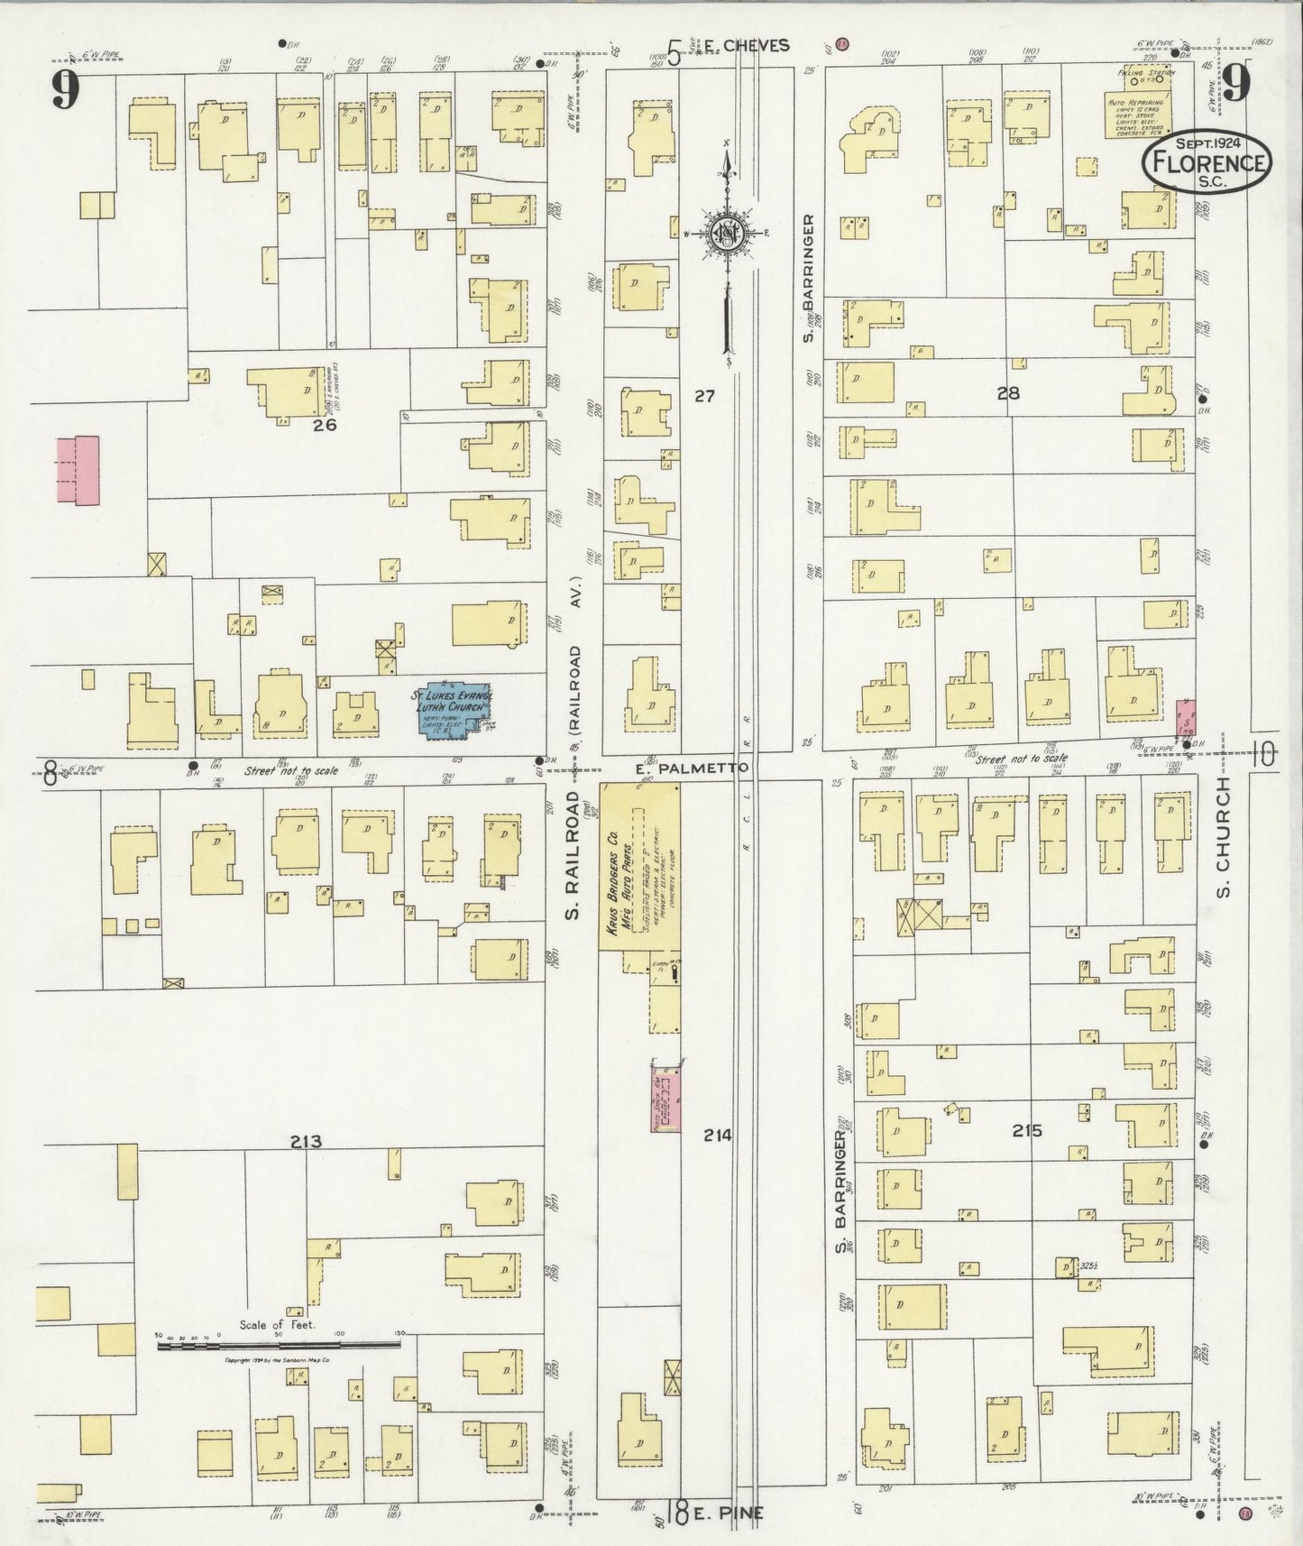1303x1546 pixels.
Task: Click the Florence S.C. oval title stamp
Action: [x=1207, y=163]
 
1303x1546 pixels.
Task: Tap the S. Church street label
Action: [x=1223, y=839]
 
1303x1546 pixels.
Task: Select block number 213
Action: [x=307, y=1142]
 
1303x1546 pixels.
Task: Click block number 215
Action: [x=1026, y=1129]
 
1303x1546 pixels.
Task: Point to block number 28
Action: [x=1007, y=392]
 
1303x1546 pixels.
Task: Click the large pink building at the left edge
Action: [x=78, y=470]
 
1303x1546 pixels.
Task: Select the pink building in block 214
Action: [x=665, y=1097]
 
